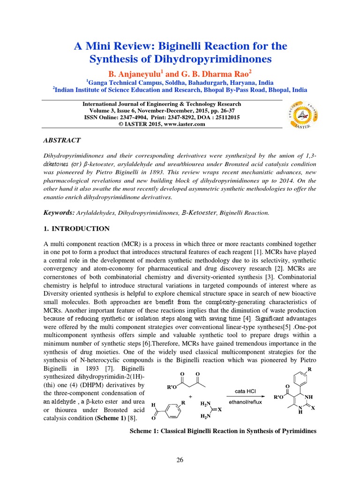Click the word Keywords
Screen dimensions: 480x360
point(59,213)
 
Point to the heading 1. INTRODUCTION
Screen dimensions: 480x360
point(76,229)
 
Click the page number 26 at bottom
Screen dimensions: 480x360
point(180,459)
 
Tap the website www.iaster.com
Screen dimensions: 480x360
point(187,124)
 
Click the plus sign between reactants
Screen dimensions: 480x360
point(190,397)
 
